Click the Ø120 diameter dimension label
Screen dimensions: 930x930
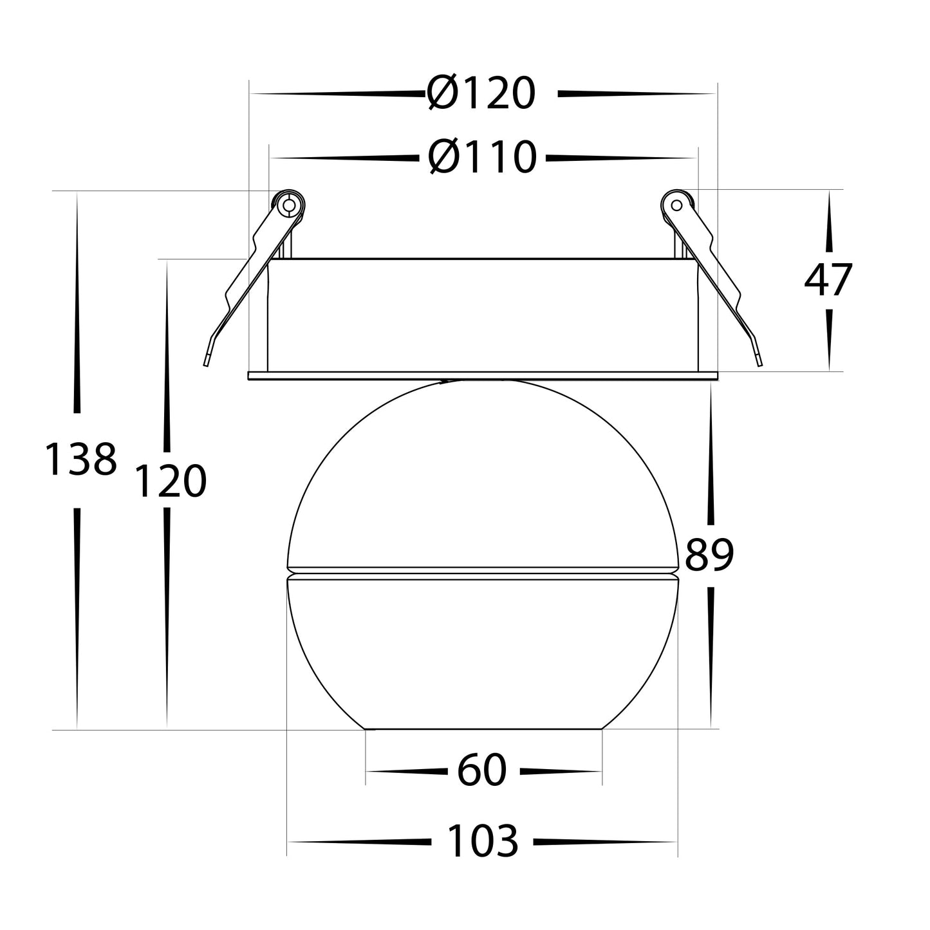[481, 94]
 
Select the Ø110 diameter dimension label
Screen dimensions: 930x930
[482, 157]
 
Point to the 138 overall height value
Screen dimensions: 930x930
[80, 460]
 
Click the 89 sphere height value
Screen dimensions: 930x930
[709, 555]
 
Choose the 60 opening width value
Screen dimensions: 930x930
[482, 771]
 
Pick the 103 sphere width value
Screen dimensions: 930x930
[482, 841]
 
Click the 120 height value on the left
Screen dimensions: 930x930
[169, 481]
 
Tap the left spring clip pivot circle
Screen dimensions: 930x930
[289, 205]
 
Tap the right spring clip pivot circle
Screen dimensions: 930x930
[676, 205]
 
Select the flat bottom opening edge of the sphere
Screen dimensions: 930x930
[483, 729]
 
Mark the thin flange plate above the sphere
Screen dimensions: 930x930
[482, 375]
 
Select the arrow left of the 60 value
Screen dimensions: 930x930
[407, 771]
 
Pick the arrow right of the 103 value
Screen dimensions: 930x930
[605, 841]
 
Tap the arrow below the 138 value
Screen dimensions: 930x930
[78, 618]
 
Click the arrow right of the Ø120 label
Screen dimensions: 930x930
[636, 95]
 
